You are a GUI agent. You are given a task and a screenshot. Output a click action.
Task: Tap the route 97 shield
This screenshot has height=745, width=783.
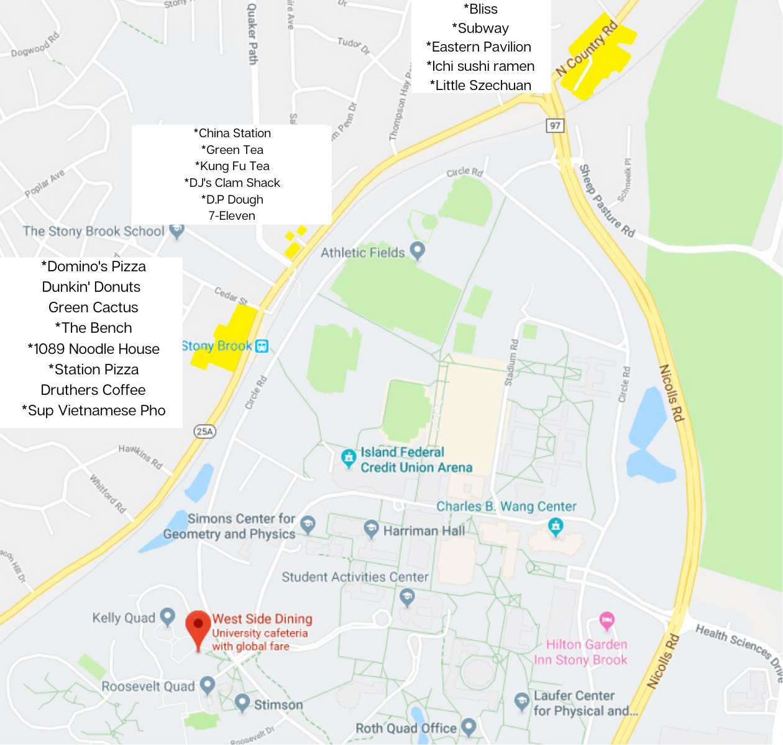pos(554,125)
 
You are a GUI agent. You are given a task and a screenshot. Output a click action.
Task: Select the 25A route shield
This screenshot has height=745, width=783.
pos(204,431)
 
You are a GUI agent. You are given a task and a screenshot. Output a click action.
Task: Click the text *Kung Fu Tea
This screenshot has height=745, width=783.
pos(232,166)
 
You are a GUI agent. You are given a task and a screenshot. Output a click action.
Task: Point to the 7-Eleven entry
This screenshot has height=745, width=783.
pos(232,215)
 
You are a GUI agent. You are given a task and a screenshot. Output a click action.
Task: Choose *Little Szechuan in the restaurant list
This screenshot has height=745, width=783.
pos(480,85)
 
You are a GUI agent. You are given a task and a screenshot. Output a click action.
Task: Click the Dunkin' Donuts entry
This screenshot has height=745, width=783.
pos(91,287)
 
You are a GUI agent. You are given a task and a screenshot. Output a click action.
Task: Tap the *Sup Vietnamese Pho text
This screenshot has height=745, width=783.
pos(94,410)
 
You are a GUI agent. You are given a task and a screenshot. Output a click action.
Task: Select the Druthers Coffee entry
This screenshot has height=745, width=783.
pos(93,390)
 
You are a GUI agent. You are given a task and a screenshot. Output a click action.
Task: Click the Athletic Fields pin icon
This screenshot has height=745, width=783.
pos(418,251)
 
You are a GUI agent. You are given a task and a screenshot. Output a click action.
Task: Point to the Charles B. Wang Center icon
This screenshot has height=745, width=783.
pos(556,527)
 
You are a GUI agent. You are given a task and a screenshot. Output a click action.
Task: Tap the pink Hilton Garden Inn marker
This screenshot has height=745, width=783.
pos(607,620)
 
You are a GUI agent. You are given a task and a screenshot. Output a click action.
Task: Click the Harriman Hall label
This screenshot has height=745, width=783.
pos(424,531)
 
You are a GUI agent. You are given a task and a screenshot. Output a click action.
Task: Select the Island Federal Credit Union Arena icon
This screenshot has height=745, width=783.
pos(349,458)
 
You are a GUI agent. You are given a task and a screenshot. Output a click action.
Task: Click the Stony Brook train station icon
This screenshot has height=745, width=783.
pos(262,346)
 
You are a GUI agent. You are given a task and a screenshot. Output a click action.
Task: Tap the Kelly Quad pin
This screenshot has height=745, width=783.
pos(167,616)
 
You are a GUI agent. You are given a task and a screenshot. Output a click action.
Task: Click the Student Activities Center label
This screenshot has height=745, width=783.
pos(355,577)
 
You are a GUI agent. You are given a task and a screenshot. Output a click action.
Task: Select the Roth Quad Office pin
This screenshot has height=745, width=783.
pos(469,727)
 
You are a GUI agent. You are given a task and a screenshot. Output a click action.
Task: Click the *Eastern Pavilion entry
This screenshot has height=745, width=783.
pos(478,47)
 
